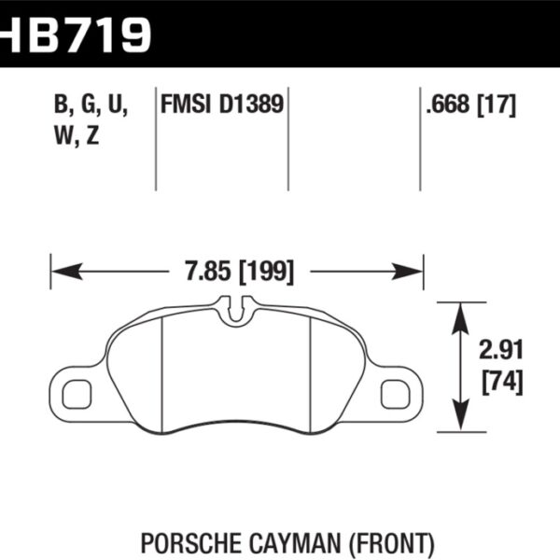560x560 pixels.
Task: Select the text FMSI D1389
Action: (x=223, y=105)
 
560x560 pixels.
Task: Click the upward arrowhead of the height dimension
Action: (x=459, y=315)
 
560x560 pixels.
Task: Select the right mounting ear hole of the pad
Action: (x=396, y=394)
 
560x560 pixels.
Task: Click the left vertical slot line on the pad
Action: (x=163, y=373)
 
